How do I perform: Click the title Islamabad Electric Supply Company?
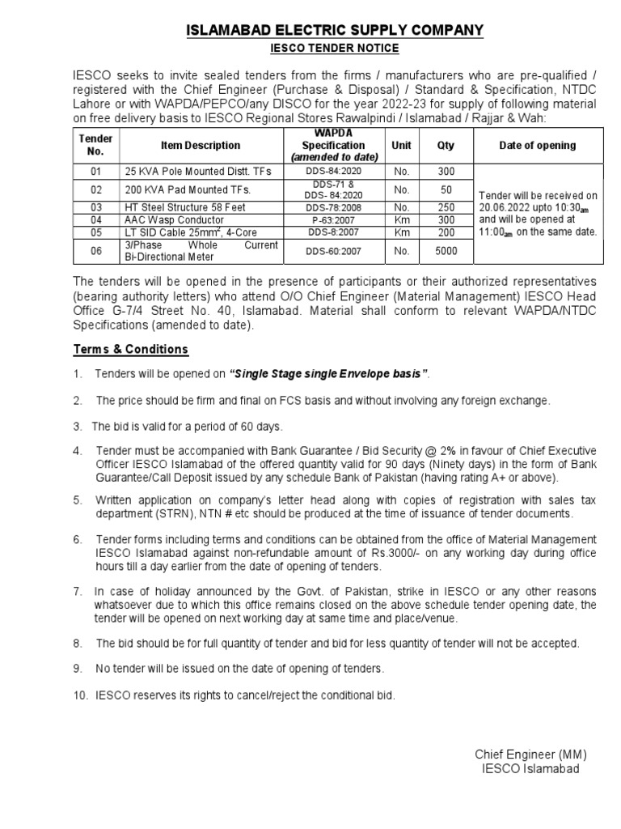click(335, 31)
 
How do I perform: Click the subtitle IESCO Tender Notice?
click(335, 49)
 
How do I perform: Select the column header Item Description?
click(201, 145)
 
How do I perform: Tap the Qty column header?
click(446, 145)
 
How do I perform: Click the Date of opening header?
click(538, 145)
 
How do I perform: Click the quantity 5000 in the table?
click(446, 251)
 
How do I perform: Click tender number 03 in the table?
click(96, 207)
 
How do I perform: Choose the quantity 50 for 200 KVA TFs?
click(446, 189)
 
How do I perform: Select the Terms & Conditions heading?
click(131, 349)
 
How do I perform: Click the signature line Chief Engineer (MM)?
click(526, 755)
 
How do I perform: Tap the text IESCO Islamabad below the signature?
click(530, 769)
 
